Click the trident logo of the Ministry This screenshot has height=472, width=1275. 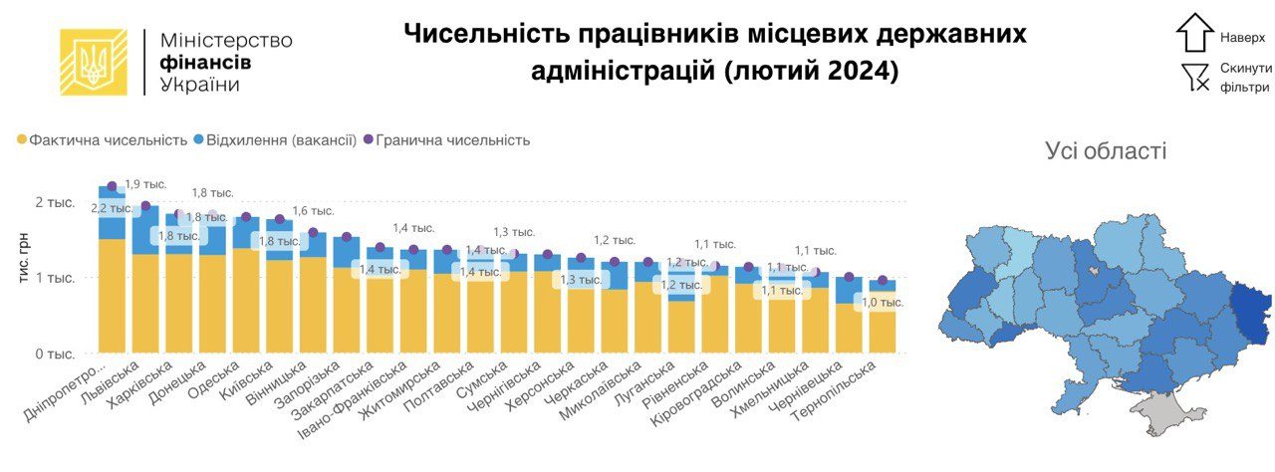tap(94, 62)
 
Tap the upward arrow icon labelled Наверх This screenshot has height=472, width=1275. tap(1194, 33)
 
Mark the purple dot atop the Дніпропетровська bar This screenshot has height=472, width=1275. tap(112, 185)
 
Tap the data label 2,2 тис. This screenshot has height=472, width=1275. tap(111, 208)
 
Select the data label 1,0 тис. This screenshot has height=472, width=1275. tap(883, 302)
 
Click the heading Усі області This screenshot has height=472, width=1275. tap(1106, 151)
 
